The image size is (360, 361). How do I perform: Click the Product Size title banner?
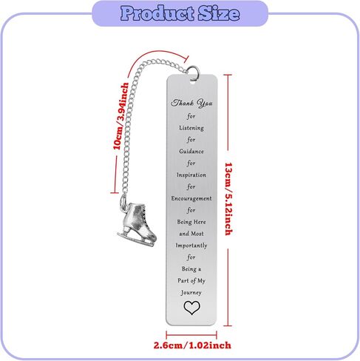(180, 13)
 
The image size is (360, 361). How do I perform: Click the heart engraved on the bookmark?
(191, 308)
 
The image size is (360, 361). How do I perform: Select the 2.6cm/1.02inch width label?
(192, 345)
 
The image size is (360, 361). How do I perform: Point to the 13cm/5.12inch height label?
(229, 199)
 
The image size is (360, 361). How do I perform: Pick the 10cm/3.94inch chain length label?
(120, 116)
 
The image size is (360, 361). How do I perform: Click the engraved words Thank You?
(191, 103)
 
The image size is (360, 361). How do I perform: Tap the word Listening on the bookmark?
(191, 128)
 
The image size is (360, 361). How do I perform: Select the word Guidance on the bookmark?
(191, 151)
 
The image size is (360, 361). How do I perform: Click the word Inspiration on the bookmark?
(191, 175)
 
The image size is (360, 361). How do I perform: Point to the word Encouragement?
(191, 198)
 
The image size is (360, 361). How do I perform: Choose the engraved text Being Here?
(191, 222)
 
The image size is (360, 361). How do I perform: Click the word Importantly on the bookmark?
(191, 246)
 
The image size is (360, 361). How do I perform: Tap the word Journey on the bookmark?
(191, 293)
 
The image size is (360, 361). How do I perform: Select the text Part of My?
(191, 280)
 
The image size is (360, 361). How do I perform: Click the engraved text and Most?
(191, 234)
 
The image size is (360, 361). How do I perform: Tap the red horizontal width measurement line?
(191, 335)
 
